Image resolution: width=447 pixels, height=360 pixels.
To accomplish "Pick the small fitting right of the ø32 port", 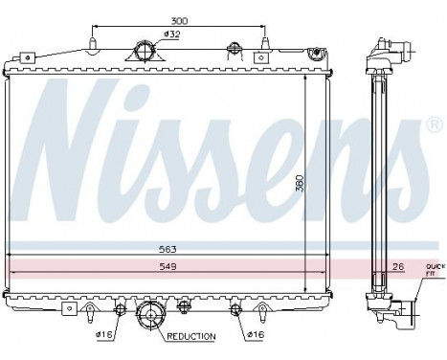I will [231, 50].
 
